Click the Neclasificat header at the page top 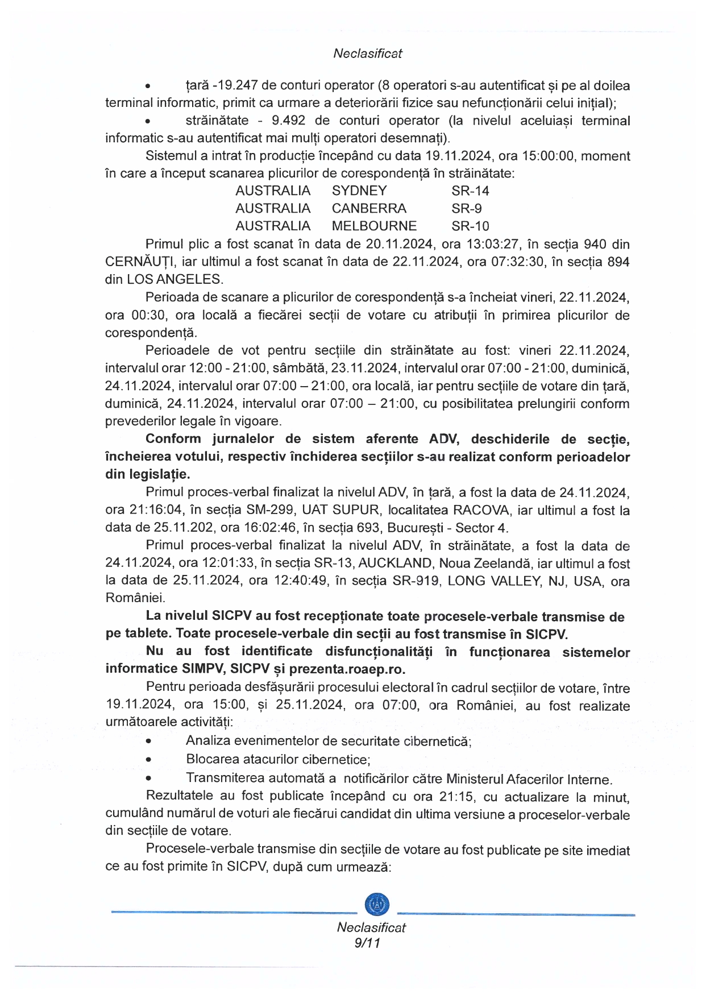click(367, 53)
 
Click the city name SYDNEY click(359, 191)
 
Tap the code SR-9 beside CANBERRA click(467, 208)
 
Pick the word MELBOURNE click(374, 226)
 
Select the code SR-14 click(470, 191)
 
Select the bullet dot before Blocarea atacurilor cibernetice click(148, 760)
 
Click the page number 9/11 click(367, 943)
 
